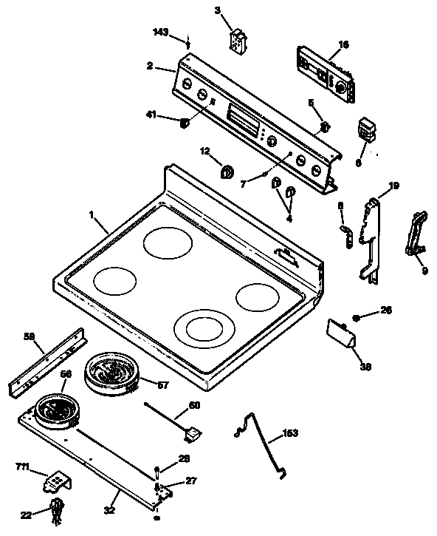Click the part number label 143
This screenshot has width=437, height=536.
[160, 33]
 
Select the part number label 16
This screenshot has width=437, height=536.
[343, 44]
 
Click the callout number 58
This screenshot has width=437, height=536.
[29, 336]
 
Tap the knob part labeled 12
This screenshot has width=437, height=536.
[227, 172]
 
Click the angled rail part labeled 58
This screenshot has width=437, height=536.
[49, 364]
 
